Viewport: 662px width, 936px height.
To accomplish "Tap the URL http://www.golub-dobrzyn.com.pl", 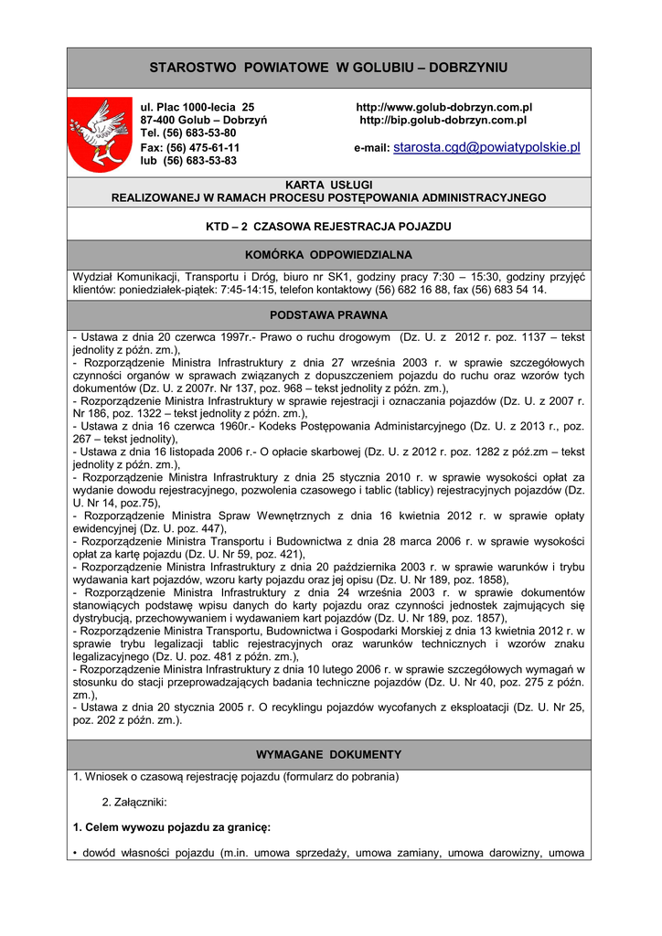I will [x=443, y=108].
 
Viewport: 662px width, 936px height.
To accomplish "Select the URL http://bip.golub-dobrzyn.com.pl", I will [x=443, y=120].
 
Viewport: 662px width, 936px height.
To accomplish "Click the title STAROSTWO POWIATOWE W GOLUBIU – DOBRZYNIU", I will [x=328, y=68].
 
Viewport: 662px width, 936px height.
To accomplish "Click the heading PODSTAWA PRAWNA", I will [x=328, y=314].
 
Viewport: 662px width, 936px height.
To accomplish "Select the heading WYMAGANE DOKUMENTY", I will [x=328, y=754].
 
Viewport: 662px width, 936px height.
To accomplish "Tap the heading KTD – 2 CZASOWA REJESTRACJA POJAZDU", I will [x=328, y=225].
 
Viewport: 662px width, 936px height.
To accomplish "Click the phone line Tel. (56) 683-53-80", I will [x=188, y=133].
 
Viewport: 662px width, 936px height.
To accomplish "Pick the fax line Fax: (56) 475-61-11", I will [x=189, y=147].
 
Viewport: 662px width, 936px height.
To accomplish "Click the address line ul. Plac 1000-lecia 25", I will [x=197, y=108].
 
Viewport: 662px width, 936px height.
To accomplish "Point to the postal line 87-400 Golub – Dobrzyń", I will [x=203, y=120].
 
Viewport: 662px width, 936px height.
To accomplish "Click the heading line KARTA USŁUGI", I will [x=328, y=185].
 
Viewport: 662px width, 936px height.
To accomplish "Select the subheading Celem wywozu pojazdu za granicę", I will [x=172, y=827].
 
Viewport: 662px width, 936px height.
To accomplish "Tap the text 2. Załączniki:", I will [x=133, y=802].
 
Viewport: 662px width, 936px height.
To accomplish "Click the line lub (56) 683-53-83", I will [x=188, y=160].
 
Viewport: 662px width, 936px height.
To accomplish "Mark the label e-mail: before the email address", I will [x=371, y=148].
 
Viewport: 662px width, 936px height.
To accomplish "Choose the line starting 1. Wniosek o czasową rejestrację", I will [x=236, y=777].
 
